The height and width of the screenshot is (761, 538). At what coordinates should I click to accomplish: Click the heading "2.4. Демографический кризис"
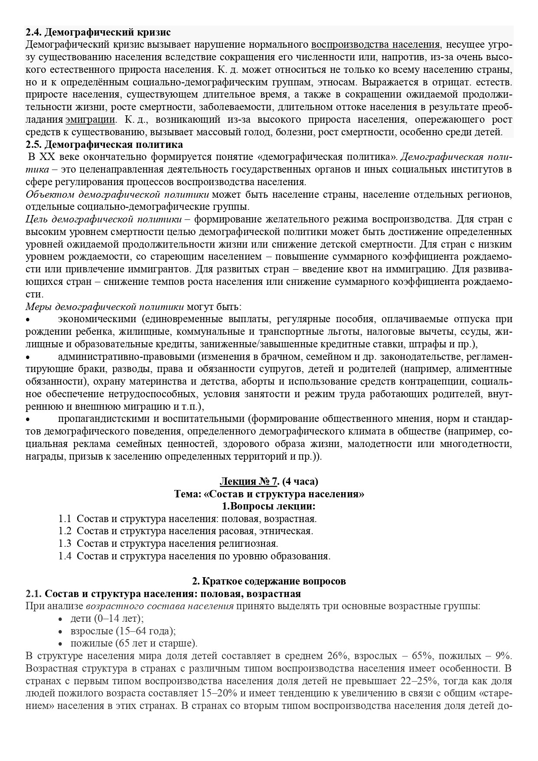tap(98, 32)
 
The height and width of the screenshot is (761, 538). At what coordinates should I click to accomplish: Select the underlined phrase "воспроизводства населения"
tap(376, 45)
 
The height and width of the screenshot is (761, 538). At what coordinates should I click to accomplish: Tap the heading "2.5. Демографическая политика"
tap(104, 144)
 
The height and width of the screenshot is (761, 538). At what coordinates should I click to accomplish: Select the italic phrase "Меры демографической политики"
tap(104, 307)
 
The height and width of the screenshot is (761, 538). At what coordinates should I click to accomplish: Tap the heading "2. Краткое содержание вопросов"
tap(269, 581)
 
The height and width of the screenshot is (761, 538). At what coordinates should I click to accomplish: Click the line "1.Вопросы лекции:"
tap(269, 506)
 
